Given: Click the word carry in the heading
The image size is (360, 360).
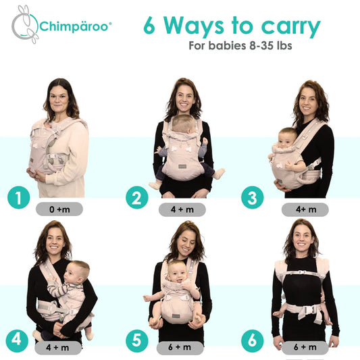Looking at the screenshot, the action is pyautogui.click(x=290, y=26).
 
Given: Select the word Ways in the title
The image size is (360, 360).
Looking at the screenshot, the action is pyautogui.click(x=193, y=26).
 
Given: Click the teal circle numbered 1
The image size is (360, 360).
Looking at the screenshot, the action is pyautogui.click(x=19, y=197).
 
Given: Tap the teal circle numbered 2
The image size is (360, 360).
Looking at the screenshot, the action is pyautogui.click(x=137, y=197).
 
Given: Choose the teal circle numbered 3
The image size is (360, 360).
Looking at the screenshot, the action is pyautogui.click(x=253, y=197).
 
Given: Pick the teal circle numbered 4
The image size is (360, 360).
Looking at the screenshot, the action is pyautogui.click(x=17, y=341).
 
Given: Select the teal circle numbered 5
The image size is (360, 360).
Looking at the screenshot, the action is pyautogui.click(x=137, y=341).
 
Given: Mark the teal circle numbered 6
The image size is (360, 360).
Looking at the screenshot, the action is pyautogui.click(x=253, y=341).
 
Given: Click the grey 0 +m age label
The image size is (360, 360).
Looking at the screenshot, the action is pyautogui.click(x=59, y=209).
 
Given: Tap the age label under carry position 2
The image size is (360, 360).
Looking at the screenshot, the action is pyautogui.click(x=182, y=209).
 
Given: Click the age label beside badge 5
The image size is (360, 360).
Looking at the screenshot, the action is pyautogui.click(x=180, y=348).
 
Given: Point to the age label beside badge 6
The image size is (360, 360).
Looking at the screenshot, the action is pyautogui.click(x=305, y=348).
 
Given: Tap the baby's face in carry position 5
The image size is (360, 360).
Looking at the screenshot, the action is pyautogui.click(x=177, y=274).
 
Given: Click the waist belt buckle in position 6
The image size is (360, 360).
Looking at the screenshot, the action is pyautogui.click(x=309, y=310).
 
